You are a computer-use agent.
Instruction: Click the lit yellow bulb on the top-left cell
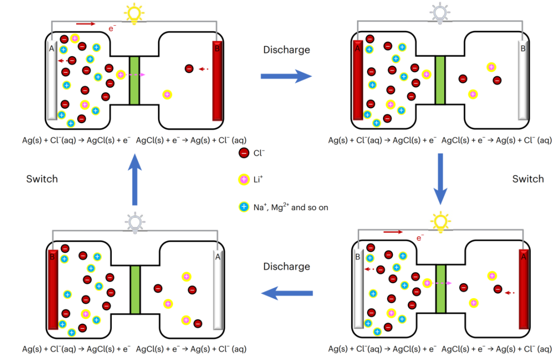(x=134, y=12)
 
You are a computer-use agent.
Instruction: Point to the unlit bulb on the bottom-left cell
(x=134, y=222)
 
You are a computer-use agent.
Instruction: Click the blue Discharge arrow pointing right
(x=286, y=77)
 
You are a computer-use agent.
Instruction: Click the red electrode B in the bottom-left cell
(x=52, y=289)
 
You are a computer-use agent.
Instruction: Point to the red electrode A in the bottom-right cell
(x=524, y=289)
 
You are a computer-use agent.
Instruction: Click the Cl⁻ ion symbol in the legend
(x=244, y=153)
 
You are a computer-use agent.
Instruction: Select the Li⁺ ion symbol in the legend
(x=244, y=180)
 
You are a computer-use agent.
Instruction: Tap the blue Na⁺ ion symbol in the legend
(x=244, y=207)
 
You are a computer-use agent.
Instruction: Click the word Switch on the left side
(x=42, y=179)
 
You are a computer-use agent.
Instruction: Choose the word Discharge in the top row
(x=286, y=50)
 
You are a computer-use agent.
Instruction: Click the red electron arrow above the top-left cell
(x=85, y=23)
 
